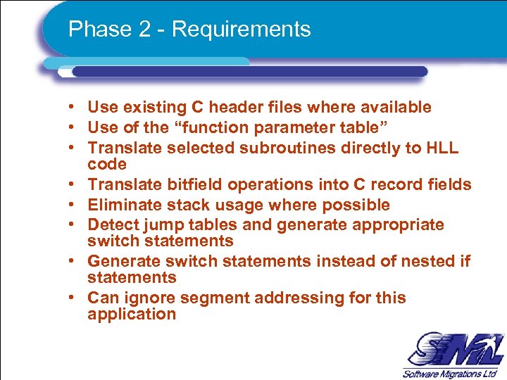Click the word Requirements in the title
241,30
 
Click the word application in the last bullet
132,315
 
